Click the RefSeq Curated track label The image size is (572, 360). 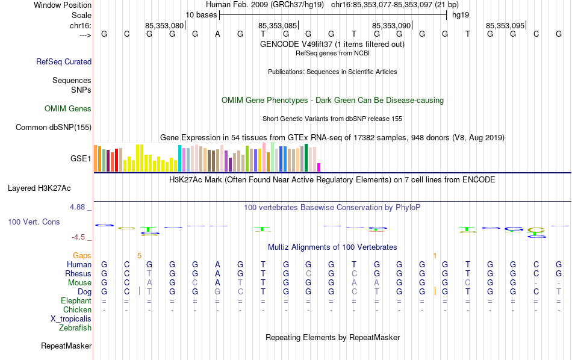click(x=64, y=61)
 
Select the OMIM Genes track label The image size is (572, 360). click(x=68, y=109)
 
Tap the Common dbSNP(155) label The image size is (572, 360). click(x=54, y=127)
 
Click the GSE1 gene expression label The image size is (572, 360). click(x=81, y=159)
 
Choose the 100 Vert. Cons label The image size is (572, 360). click(x=34, y=222)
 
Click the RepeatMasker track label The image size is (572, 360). click(x=66, y=346)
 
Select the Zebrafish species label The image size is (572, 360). click(x=75, y=328)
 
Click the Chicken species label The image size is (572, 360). click(x=77, y=309)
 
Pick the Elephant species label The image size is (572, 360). click(x=76, y=300)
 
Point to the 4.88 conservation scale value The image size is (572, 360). click(x=81, y=207)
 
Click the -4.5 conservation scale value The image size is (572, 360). click(x=81, y=237)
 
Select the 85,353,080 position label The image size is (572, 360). click(x=164, y=25)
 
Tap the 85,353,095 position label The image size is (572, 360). click(x=505, y=25)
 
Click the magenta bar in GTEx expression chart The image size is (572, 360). click(x=319, y=167)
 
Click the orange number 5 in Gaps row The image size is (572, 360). click(x=140, y=255)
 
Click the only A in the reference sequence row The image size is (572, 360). click(x=217, y=34)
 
